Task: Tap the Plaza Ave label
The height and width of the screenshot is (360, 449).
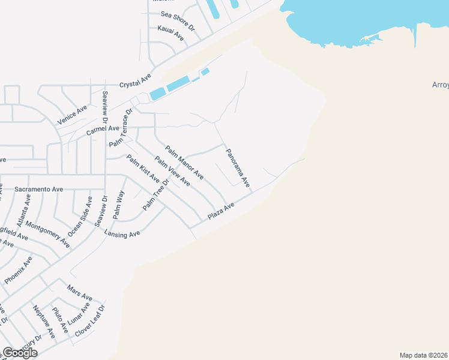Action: pos(220,211)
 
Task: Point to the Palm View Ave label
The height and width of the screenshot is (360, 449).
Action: pos(172,170)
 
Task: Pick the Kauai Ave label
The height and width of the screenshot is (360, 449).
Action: pos(170,33)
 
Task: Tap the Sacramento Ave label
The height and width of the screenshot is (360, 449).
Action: pos(39,189)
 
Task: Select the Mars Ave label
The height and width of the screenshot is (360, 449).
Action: pos(80,292)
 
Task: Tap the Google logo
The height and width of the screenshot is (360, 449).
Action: pos(19,353)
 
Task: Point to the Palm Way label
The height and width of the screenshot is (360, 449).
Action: pos(118,204)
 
